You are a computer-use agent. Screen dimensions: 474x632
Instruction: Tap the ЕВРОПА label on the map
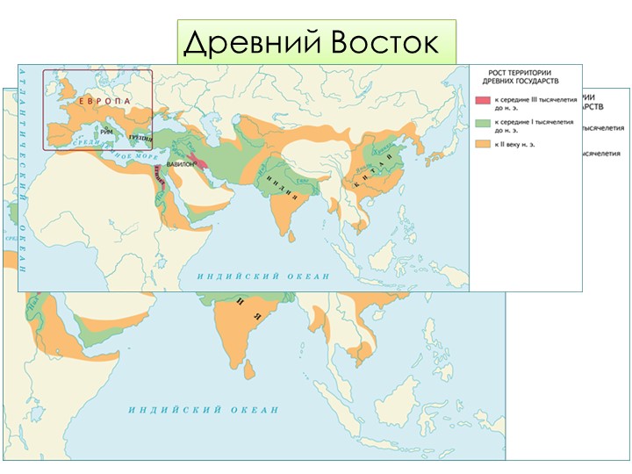pyautogui.click(x=104, y=101)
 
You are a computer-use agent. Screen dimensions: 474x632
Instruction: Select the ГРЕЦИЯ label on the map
pyautogui.click(x=140, y=137)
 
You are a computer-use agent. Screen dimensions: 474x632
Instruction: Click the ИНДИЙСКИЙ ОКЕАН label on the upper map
pyautogui.click(x=263, y=276)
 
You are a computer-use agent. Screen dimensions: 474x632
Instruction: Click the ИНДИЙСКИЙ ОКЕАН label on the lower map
pyautogui.click(x=204, y=410)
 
